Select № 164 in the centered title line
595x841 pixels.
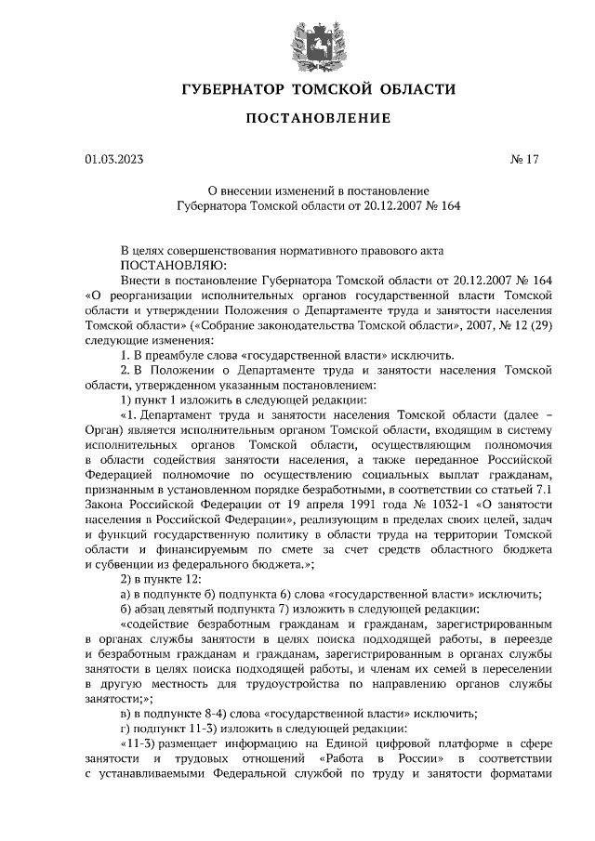point(441,206)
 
